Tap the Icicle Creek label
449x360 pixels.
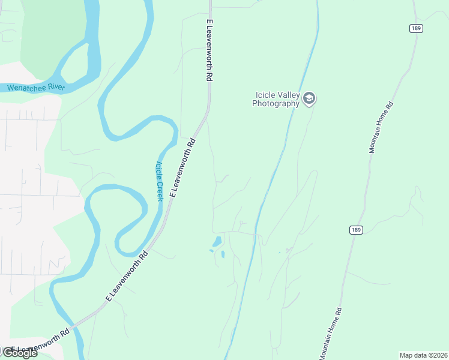(159, 181)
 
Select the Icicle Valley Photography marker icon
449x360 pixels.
(309, 99)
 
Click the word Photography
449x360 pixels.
(276, 103)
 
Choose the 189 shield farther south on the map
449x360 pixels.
(355, 230)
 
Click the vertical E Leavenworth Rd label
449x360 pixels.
(209, 50)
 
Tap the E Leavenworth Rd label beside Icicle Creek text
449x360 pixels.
(183, 168)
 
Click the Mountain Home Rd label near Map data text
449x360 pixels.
(331, 334)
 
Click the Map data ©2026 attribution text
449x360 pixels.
(423, 355)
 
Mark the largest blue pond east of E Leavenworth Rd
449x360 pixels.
(217, 242)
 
